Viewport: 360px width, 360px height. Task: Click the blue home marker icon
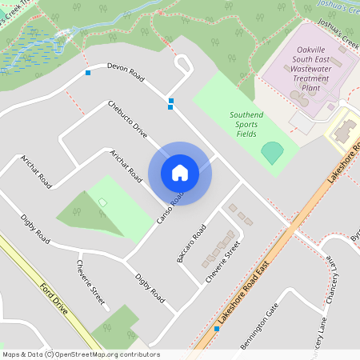click(x=180, y=173)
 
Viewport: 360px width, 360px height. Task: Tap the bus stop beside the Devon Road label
click(x=88, y=74)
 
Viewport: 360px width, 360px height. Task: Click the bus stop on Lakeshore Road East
click(x=217, y=328)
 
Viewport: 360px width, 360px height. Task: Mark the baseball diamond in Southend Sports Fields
click(x=273, y=151)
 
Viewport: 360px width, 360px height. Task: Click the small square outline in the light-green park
click(x=102, y=202)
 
